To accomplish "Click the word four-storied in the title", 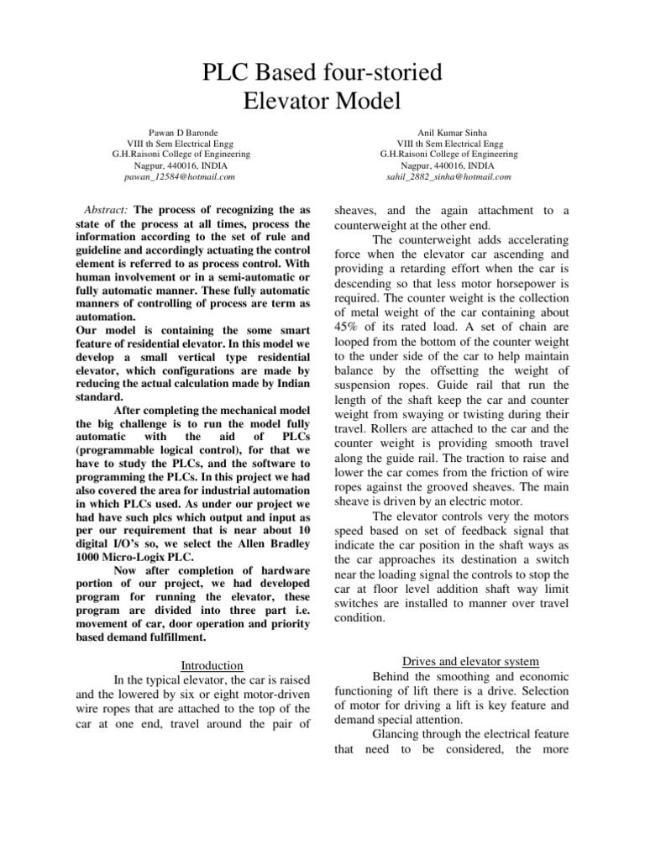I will click(x=380, y=73).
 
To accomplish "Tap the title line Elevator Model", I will click(x=322, y=102).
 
